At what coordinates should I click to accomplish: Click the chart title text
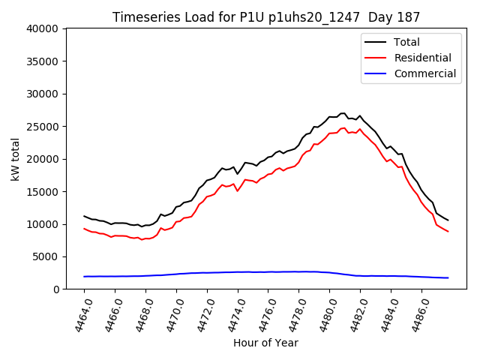pos(266,17)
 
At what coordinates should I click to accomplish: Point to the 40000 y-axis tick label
pos(43,28)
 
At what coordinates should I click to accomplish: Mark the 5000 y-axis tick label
pos(46,256)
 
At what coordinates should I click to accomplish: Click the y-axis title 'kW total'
pos(16,159)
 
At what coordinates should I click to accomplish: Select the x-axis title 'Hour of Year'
pos(265,343)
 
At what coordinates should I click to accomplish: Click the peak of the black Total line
pos(343,113)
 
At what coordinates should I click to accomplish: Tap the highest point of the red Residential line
pos(344,128)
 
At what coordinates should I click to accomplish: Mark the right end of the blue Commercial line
pos(448,277)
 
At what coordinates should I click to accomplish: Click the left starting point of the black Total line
pos(84,216)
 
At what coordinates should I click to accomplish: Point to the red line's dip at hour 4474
pos(238,190)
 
